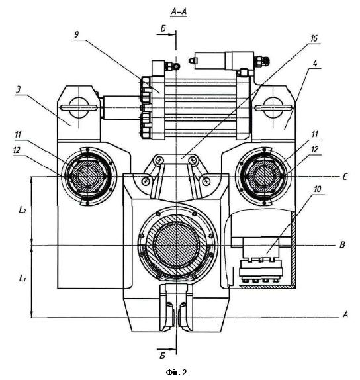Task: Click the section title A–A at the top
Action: [179, 11]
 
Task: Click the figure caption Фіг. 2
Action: [177, 372]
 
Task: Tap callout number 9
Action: [76, 34]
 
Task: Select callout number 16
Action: [314, 38]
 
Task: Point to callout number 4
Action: [315, 64]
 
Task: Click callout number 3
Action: [18, 89]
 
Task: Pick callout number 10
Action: [317, 189]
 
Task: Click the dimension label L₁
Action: [22, 278]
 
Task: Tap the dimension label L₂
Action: [22, 209]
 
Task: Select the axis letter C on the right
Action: [345, 177]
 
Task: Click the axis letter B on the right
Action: [342, 245]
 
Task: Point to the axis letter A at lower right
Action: [345, 314]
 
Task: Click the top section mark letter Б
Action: [163, 29]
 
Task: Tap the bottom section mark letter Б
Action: [162, 356]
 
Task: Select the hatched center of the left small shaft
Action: [87, 176]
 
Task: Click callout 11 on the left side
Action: [18, 135]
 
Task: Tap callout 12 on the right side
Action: [314, 150]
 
